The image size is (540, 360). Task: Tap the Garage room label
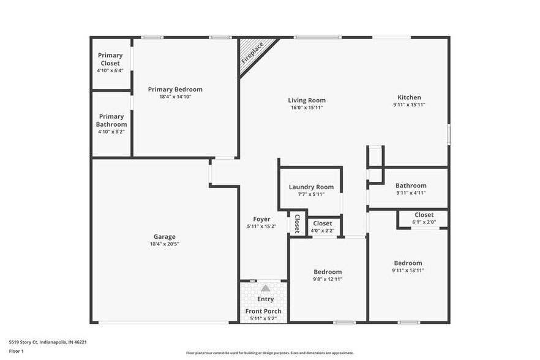(164, 237)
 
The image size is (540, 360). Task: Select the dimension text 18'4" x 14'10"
(174, 97)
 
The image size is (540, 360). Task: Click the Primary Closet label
(110, 59)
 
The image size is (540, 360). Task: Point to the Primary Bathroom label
(111, 120)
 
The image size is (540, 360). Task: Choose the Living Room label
(307, 100)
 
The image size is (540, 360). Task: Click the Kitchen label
(409, 97)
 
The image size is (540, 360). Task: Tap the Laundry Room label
(311, 187)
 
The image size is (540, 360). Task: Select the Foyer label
(261, 219)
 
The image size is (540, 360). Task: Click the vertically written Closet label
(297, 223)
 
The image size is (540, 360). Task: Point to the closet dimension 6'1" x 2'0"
(424, 222)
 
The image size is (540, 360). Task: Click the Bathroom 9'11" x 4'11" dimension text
(411, 193)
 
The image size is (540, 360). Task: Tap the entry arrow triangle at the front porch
(265, 288)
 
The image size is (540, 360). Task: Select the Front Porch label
(263, 312)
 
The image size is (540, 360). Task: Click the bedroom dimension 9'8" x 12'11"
(328, 279)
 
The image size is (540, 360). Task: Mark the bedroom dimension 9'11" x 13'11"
(408, 270)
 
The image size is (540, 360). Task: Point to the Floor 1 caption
(16, 351)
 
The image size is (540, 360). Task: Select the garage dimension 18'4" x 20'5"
(164, 244)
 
